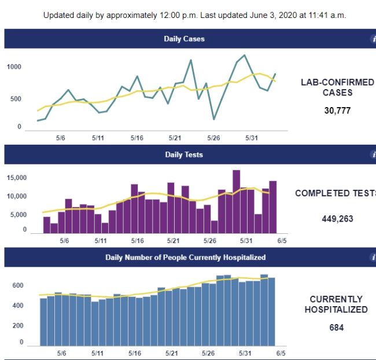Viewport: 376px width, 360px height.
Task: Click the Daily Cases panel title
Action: [x=184, y=39]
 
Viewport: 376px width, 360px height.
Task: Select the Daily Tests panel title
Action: [x=184, y=155]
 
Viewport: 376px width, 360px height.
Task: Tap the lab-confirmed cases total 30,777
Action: [x=337, y=111]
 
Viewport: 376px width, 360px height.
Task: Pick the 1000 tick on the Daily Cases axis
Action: [x=14, y=67]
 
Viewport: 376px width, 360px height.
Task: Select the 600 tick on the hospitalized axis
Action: [x=17, y=285]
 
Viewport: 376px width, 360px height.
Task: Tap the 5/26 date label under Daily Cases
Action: [x=213, y=138]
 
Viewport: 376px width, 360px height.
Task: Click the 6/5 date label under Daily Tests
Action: [x=282, y=240]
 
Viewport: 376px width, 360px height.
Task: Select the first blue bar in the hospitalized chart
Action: [x=43, y=321]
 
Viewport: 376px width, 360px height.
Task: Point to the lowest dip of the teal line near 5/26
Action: [x=214, y=119]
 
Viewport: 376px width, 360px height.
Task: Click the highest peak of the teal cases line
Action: [x=245, y=56]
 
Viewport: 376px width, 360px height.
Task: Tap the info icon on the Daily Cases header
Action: [x=373, y=39]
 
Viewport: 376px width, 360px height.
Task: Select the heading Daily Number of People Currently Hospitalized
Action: [x=185, y=257]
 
